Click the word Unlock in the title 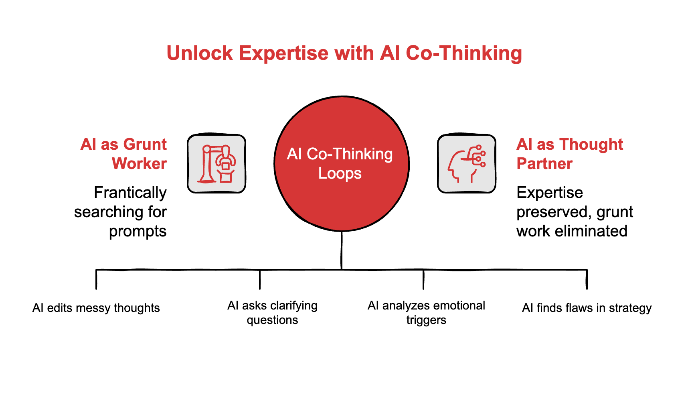(200, 53)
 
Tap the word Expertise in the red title (283, 53)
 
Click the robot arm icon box (217, 164)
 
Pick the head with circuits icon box (466, 164)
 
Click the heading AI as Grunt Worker (123, 154)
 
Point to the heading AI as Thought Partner (569, 154)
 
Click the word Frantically (130, 193)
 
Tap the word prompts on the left (138, 231)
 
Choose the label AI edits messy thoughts (96, 308)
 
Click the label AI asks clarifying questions (272, 313)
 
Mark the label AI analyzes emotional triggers (426, 313)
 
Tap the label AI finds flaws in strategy (587, 308)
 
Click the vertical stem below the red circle (341, 250)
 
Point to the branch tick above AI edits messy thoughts (96, 279)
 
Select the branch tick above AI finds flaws (587, 279)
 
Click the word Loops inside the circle (340, 173)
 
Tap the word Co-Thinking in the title (464, 53)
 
